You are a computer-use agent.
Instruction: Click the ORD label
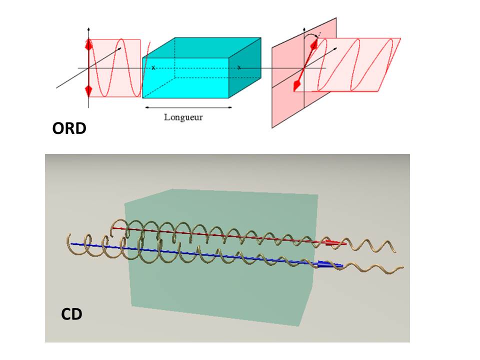69,128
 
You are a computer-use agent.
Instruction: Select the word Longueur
183,117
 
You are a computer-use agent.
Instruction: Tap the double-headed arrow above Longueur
187,106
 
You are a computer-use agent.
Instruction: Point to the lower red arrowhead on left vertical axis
89,90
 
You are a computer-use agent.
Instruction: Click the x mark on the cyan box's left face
153,67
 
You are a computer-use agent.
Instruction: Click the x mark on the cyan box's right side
239,67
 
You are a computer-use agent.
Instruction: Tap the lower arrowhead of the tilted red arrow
297,86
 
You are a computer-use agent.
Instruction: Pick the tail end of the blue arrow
71,244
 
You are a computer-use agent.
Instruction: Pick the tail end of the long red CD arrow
113,228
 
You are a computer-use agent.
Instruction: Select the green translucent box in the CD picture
220,290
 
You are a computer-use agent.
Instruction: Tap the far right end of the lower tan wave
402,270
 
